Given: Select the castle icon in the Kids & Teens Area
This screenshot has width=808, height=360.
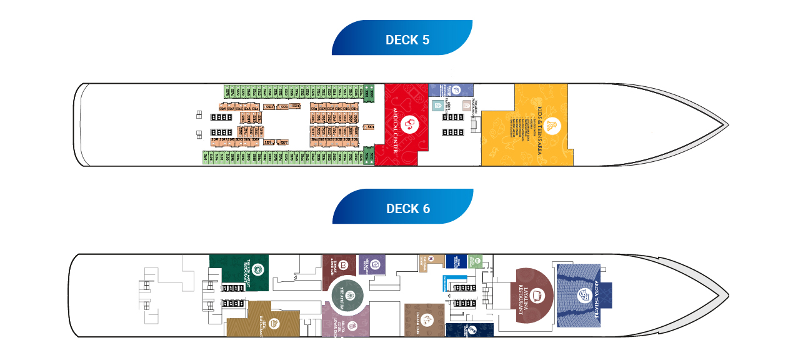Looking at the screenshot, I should click(x=551, y=126).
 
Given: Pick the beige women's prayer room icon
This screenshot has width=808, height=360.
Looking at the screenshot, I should click(x=466, y=106).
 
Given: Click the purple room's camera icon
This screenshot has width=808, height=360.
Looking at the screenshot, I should click(x=375, y=266).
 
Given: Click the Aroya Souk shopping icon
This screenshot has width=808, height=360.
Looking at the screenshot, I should click(x=352, y=326).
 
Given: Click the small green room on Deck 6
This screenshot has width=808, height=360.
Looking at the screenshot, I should click(x=476, y=261).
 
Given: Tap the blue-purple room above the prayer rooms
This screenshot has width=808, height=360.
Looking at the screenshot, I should click(x=452, y=89).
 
